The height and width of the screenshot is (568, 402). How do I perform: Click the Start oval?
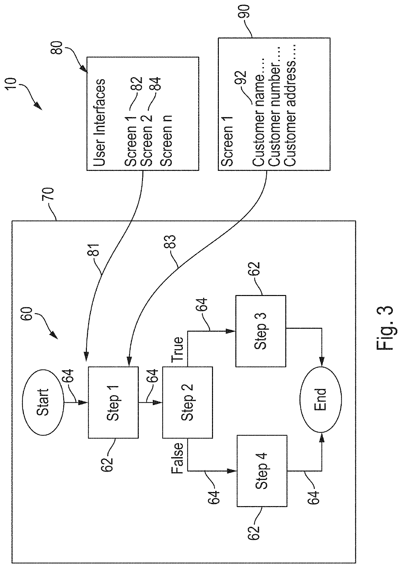[x=43, y=402]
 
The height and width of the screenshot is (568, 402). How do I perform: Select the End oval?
[x=321, y=399]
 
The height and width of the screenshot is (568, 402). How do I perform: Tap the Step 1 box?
[x=113, y=402]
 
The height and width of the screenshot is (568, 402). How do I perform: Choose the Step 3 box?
[x=261, y=331]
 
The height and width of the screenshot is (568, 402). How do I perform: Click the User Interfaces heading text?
[x=100, y=123]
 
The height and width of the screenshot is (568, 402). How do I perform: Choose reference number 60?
[x=27, y=314]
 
